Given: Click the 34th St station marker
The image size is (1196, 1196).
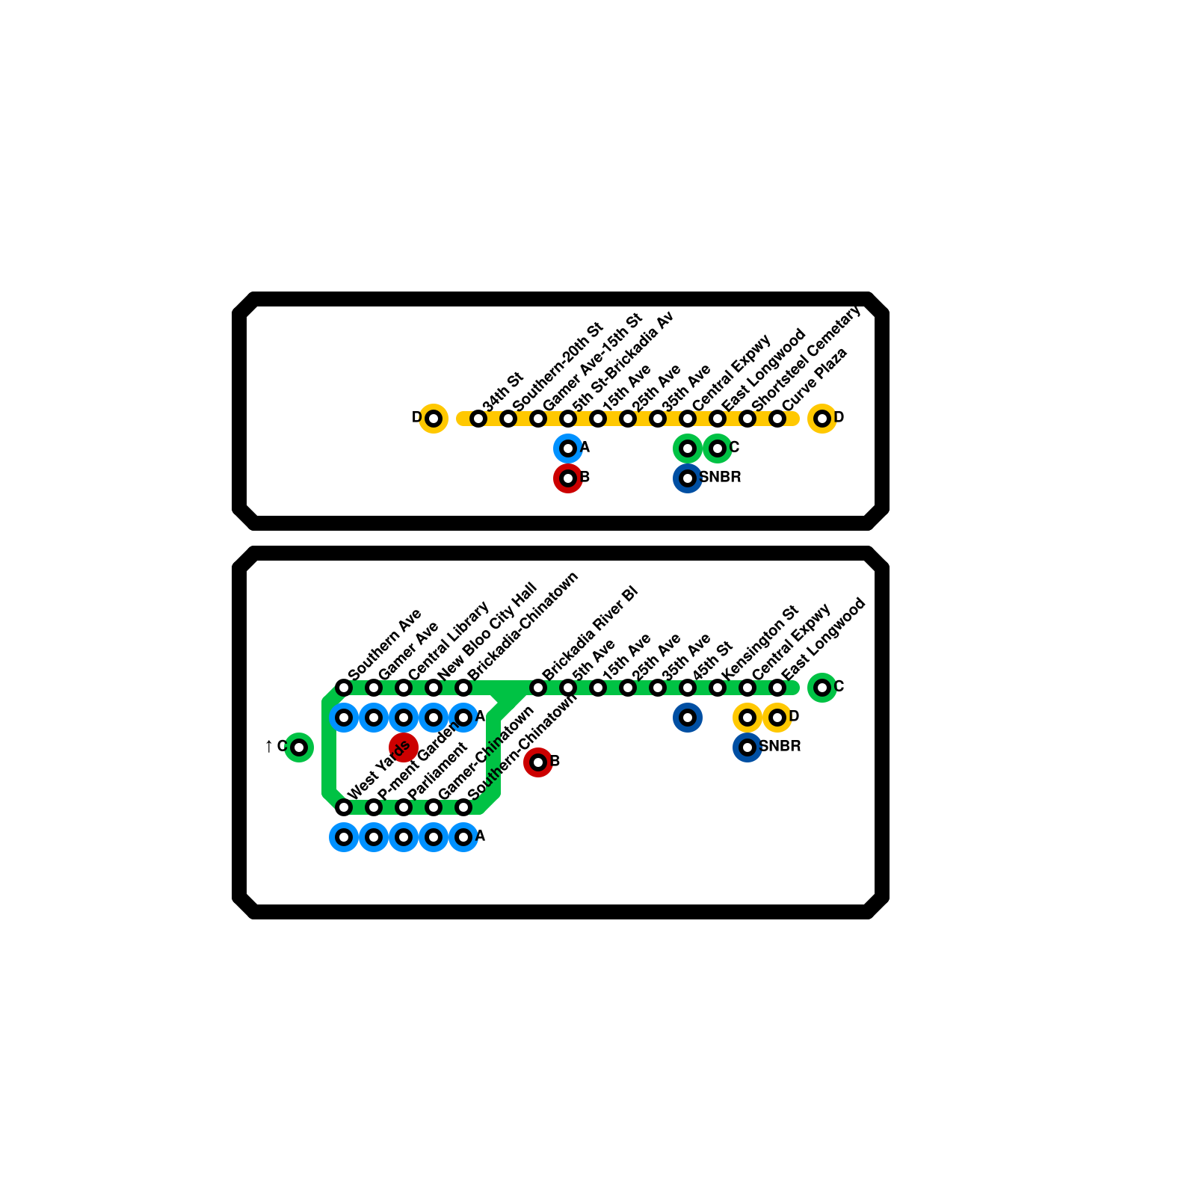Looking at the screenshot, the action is pyautogui.click(x=478, y=419).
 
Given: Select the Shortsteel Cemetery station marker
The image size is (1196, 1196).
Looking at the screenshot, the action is pyautogui.click(x=747, y=419).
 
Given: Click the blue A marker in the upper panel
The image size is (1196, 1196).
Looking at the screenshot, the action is pyautogui.click(x=568, y=449).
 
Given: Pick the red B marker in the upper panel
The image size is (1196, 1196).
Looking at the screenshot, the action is pyautogui.click(x=568, y=478).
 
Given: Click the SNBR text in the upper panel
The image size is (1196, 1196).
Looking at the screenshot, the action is pyautogui.click(x=721, y=477).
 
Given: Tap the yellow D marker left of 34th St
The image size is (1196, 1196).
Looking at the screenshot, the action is pyautogui.click(x=434, y=419).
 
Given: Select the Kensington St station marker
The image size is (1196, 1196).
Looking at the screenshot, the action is pyautogui.click(x=718, y=688).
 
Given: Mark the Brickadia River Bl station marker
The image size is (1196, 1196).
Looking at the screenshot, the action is pyautogui.click(x=538, y=688).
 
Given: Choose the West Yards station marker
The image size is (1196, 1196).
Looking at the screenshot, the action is pyautogui.click(x=344, y=807).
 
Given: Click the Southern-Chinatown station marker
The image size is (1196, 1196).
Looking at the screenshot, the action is pyautogui.click(x=463, y=807).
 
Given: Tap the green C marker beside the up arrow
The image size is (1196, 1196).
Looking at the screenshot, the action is pyautogui.click(x=299, y=747).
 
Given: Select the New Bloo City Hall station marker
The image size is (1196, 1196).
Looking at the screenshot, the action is pyautogui.click(x=434, y=688).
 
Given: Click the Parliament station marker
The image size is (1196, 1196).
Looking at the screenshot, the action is pyautogui.click(x=404, y=807).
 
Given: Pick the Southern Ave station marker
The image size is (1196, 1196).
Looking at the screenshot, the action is pyautogui.click(x=344, y=688).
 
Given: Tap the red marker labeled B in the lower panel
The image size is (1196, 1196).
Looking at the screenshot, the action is pyautogui.click(x=538, y=762).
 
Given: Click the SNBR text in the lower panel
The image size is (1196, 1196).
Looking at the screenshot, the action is pyautogui.click(x=780, y=746).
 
